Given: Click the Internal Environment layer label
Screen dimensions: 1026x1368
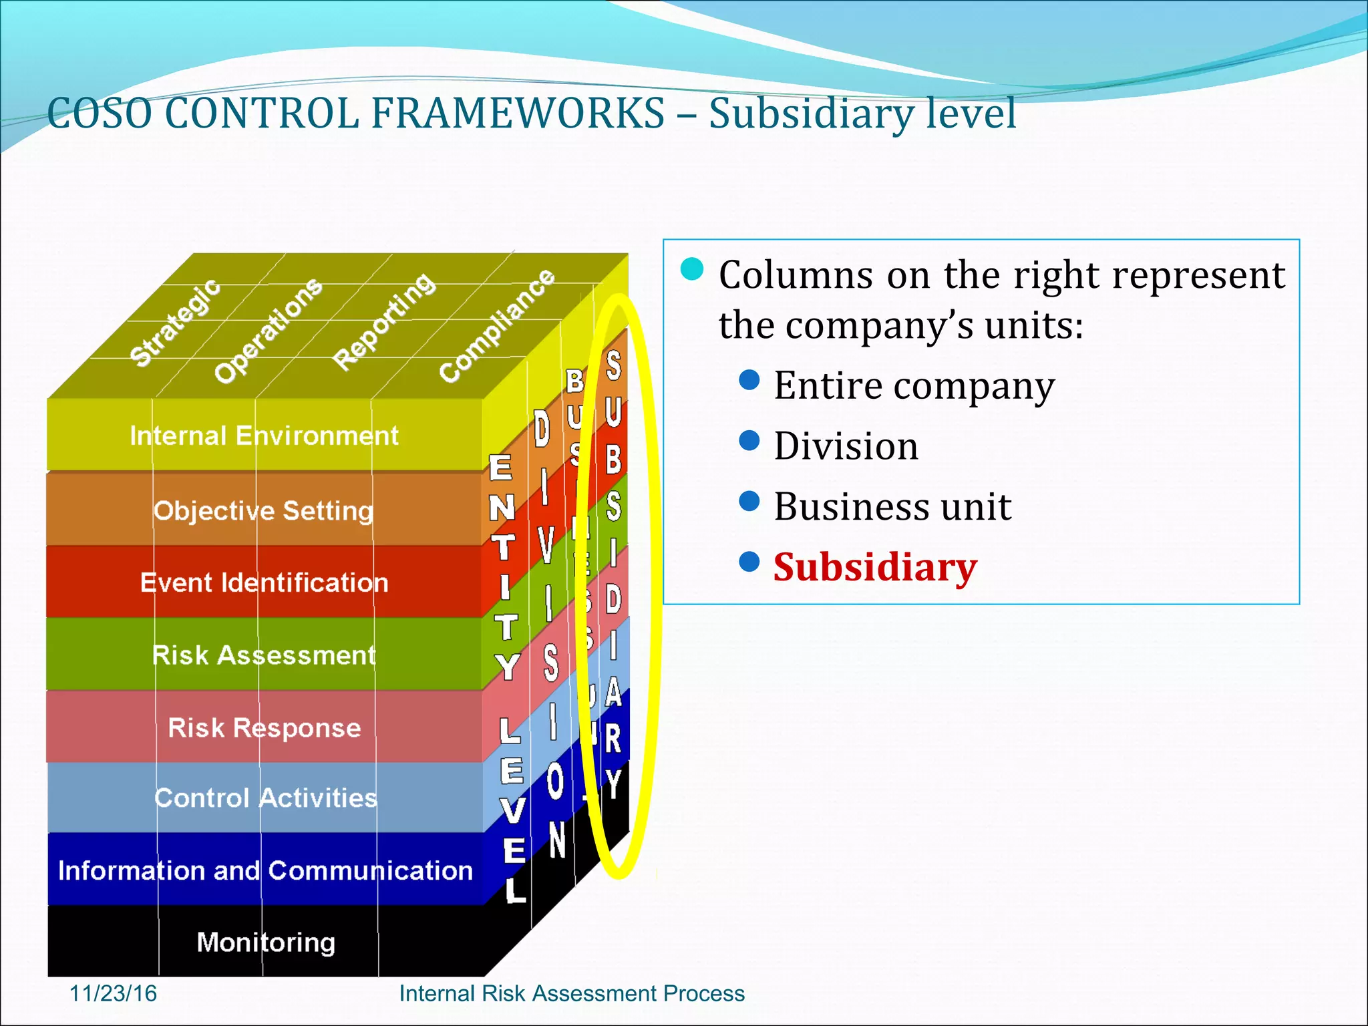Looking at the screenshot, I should click(x=264, y=436).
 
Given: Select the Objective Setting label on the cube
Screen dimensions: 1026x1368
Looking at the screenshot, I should click(x=263, y=511).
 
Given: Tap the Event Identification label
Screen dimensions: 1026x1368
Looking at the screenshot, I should click(x=264, y=583).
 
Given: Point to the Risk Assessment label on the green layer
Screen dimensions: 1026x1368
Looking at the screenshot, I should click(x=264, y=655).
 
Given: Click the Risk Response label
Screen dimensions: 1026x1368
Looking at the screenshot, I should click(x=264, y=727).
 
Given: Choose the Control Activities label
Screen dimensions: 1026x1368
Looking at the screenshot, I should click(x=265, y=798).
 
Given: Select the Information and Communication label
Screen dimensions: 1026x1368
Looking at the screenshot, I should click(x=265, y=871).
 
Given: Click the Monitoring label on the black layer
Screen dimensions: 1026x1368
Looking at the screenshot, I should click(x=266, y=943).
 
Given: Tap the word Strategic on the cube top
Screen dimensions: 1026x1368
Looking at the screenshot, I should click(x=175, y=323).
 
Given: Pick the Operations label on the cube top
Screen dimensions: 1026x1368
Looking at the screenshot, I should click(x=268, y=330).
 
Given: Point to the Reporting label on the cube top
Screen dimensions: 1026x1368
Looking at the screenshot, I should click(x=384, y=321).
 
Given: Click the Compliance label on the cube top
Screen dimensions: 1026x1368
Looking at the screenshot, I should click(x=496, y=325).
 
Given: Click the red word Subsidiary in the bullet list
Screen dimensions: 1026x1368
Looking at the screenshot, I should click(x=875, y=568).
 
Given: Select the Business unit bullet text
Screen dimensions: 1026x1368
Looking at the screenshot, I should click(x=892, y=507).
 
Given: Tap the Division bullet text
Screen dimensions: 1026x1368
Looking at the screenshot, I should click(x=846, y=446).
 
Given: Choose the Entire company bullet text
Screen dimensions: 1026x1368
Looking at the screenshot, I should click(x=914, y=386).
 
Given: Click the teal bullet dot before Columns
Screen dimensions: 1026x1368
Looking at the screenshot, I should click(x=692, y=269).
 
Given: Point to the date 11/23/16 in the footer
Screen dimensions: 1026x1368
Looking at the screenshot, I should click(x=113, y=993).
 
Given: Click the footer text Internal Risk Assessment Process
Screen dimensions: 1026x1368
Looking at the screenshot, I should click(x=572, y=993).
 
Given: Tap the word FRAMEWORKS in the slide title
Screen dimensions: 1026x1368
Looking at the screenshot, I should click(x=518, y=114).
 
